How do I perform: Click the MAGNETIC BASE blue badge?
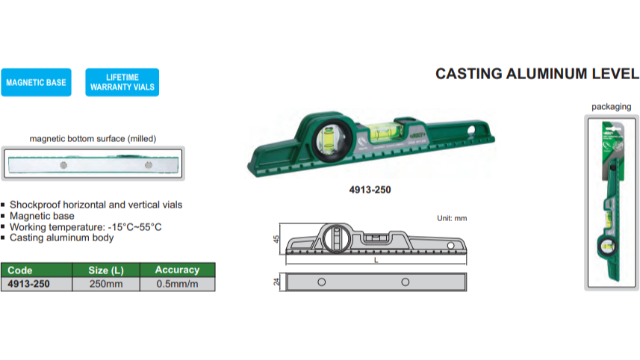coord(36,82)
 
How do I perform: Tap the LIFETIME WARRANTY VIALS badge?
coord(122,82)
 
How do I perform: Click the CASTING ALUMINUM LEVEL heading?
coord(537,74)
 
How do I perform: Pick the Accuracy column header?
coord(177,270)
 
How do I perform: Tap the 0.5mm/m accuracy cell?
coord(177,284)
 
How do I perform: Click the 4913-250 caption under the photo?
coord(370,190)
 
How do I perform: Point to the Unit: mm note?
coord(451,218)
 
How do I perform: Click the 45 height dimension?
coord(276,239)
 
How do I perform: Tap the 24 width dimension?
coord(276,282)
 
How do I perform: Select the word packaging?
coord(611,107)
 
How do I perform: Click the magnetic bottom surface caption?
coord(93,138)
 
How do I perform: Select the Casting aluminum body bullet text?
coord(62,238)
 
